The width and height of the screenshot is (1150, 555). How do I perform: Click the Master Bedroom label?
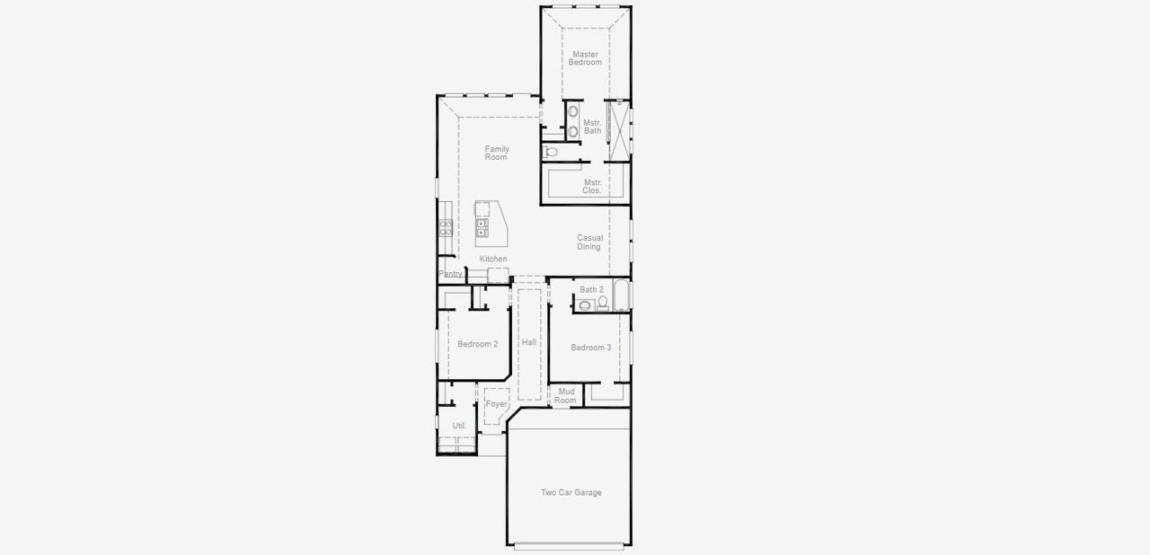(585, 58)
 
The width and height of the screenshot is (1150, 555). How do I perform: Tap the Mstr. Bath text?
(592, 127)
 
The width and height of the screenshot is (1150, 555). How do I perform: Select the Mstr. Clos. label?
(592, 186)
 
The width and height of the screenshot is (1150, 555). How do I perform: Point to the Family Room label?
(496, 153)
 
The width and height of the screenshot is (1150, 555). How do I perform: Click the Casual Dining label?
(589, 242)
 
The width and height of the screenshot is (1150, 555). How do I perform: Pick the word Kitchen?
(493, 259)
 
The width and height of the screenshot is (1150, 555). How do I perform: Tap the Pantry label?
(450, 273)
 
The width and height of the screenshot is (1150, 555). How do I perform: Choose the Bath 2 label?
(591, 289)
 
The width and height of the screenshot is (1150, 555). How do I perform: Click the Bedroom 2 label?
(477, 344)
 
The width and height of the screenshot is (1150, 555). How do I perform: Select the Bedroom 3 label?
(591, 348)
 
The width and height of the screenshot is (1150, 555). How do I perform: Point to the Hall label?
(529, 343)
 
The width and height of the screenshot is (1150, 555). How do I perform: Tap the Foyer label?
(496, 404)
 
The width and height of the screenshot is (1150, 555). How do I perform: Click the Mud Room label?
(566, 395)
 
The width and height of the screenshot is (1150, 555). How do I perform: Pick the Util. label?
(458, 426)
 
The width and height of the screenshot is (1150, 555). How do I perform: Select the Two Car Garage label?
(571, 492)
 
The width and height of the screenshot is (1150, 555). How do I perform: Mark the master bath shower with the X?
(618, 124)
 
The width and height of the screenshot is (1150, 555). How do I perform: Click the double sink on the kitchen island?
(482, 228)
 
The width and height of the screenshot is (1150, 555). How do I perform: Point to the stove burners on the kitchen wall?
(445, 227)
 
